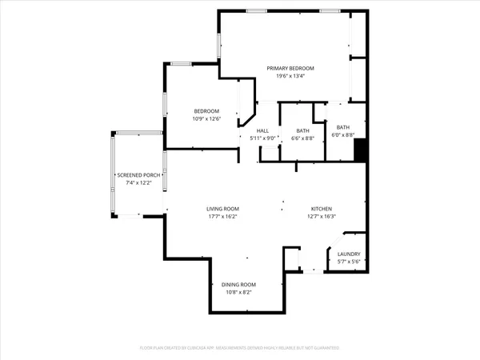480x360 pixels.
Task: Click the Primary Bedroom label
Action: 290,69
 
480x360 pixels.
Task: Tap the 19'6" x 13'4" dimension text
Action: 290,77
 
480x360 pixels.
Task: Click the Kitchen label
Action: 321,208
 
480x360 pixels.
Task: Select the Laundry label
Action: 349,254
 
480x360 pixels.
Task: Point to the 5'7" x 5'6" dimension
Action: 349,262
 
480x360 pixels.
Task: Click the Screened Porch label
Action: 139,175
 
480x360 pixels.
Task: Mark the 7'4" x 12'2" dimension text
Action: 139,183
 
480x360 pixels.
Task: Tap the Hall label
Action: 263,130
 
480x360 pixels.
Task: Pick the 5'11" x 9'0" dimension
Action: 263,138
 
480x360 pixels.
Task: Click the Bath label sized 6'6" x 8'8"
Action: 302,130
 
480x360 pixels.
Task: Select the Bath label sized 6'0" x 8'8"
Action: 342,127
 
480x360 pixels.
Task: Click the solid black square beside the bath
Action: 360,150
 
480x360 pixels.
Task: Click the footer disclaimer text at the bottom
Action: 239,348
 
